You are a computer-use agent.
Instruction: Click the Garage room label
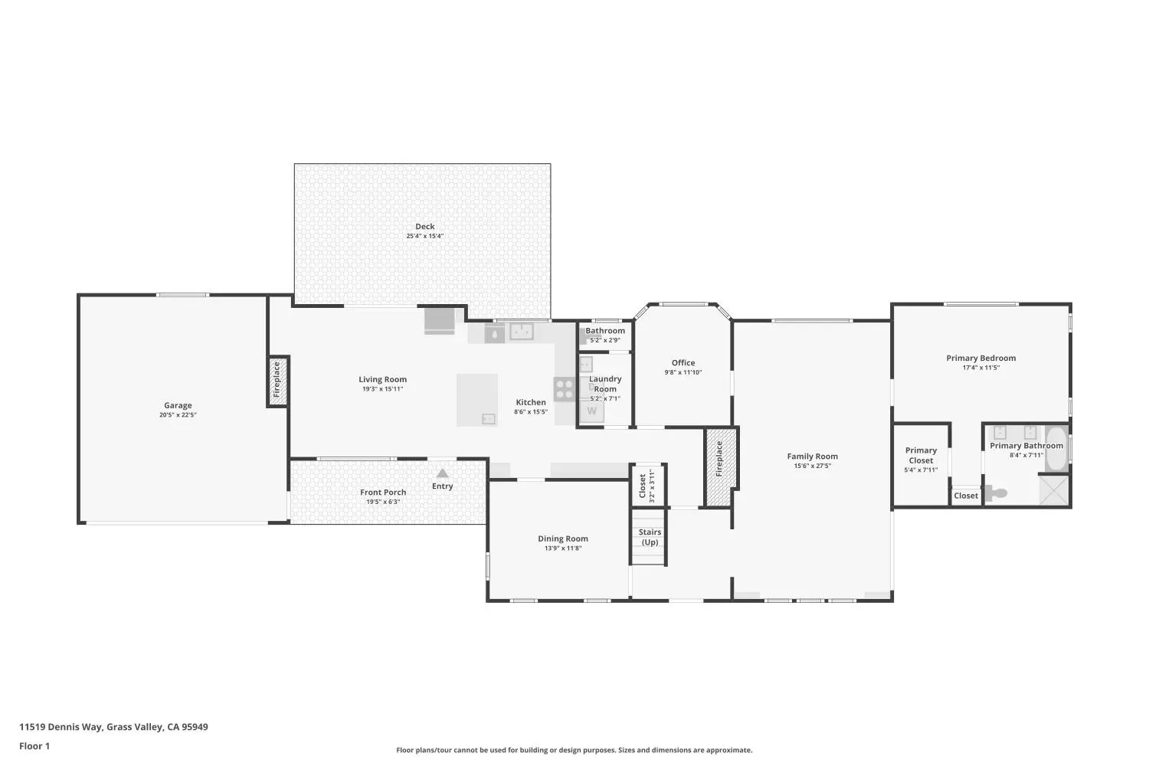(178, 405)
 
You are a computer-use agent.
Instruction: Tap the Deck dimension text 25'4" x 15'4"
(424, 236)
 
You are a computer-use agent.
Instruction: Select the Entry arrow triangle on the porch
(442, 473)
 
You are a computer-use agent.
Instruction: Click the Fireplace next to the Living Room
(277, 381)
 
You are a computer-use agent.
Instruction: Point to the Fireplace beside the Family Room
(720, 466)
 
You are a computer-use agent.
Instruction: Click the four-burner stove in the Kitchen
(565, 388)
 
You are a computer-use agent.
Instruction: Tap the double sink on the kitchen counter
(521, 332)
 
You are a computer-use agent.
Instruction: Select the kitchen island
(477, 400)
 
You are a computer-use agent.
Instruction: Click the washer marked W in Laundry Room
(592, 411)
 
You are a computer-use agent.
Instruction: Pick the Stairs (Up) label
(650, 537)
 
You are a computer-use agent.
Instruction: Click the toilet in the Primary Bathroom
(996, 493)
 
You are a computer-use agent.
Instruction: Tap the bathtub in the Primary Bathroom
(1056, 448)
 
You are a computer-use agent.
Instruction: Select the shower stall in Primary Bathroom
(1053, 490)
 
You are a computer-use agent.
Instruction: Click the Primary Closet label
(921, 455)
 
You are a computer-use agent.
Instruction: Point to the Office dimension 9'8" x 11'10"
(683, 372)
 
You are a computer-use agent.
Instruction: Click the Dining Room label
(563, 538)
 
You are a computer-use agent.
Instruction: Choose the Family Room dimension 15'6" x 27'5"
(813, 466)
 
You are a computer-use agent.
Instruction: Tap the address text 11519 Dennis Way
(61, 727)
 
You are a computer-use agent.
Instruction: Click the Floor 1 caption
(34, 746)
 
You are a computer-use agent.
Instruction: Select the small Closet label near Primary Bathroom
(966, 496)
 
